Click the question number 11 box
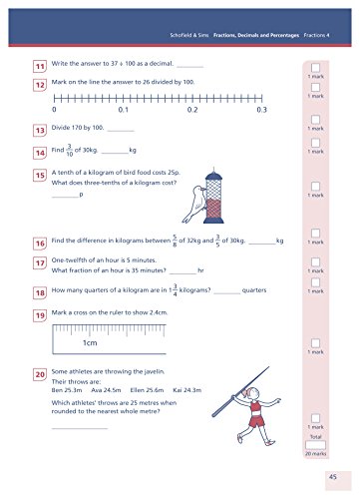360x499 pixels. click(x=40, y=66)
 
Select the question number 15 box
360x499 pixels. click(x=40, y=174)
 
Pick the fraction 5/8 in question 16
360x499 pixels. click(x=176, y=241)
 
